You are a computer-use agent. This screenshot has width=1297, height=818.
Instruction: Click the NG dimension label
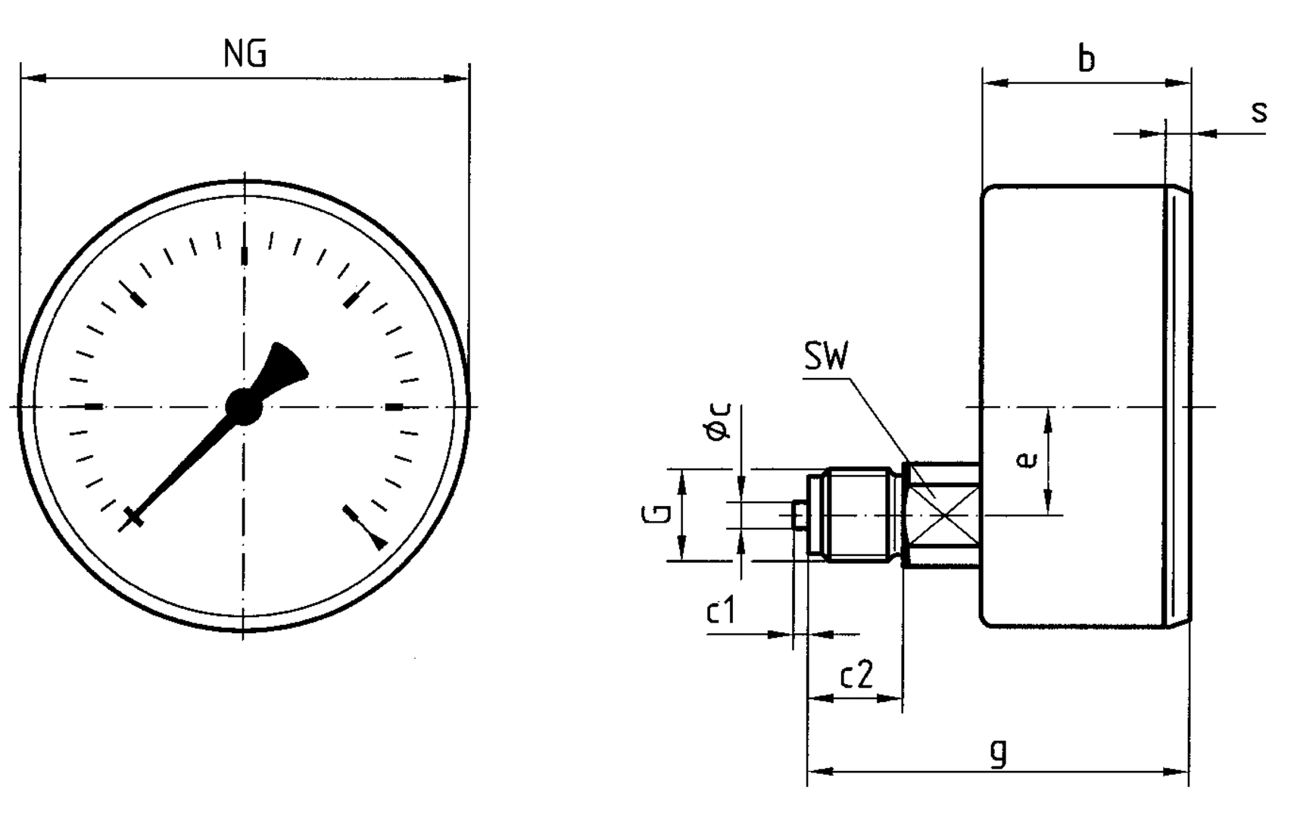tap(245, 55)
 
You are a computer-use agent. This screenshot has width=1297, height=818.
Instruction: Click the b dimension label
tap(1086, 58)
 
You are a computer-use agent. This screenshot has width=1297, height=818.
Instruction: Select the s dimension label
tap(1258, 112)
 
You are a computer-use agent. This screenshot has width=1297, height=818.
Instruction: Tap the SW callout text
tap(826, 357)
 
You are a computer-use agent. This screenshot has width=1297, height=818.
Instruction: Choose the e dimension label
tap(1026, 461)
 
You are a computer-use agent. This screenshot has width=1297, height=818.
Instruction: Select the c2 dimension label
tap(856, 674)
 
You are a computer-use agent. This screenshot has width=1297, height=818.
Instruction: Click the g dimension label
tap(999, 752)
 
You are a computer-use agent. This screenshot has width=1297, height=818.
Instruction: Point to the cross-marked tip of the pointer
tap(133, 518)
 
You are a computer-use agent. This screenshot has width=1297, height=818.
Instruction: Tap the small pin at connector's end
tap(799, 515)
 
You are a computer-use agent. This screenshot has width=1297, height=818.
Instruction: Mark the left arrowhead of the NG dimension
tap(34, 78)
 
